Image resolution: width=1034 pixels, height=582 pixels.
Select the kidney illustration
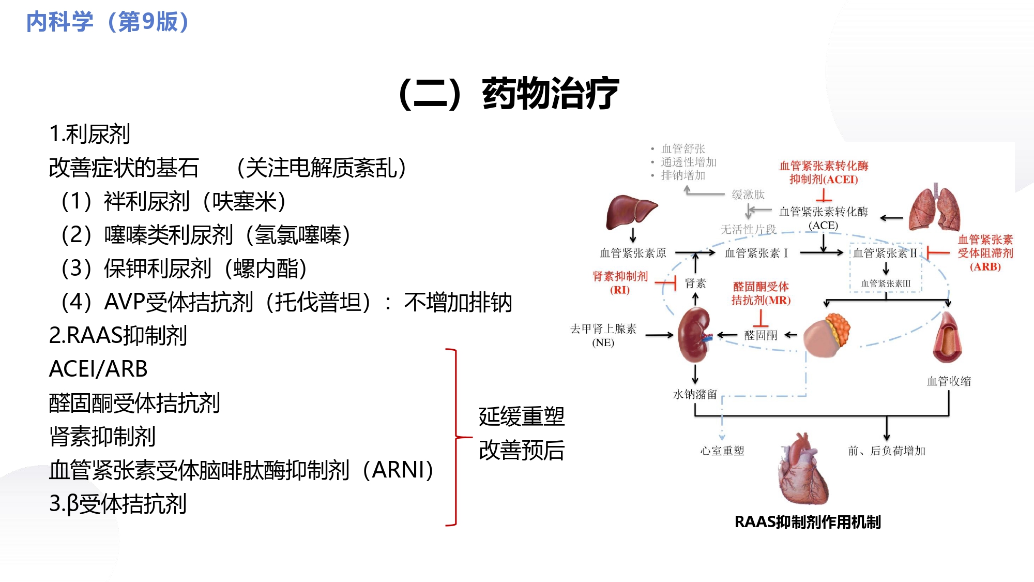click(694, 335)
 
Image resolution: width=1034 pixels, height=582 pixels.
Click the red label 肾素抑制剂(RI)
click(620, 283)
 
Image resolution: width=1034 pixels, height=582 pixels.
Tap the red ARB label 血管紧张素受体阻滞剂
click(985, 253)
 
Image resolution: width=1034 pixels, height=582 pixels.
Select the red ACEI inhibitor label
click(824, 173)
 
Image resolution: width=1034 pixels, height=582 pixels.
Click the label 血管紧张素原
click(633, 253)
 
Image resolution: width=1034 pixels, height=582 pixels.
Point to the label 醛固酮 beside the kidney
click(761, 335)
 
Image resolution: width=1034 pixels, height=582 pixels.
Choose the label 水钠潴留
click(695, 394)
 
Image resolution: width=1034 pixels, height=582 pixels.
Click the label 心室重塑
click(722, 451)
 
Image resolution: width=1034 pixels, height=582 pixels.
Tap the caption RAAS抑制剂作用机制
click(808, 522)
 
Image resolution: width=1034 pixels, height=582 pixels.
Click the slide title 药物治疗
click(550, 94)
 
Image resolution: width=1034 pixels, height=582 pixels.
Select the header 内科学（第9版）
click(108, 22)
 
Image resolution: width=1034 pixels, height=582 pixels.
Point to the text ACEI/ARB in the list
click(98, 369)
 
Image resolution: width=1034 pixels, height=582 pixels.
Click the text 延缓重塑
click(521, 416)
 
